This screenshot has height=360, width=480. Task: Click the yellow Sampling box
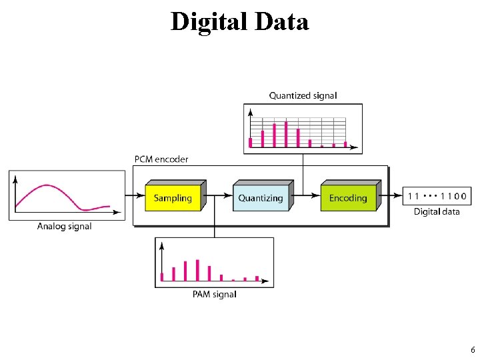tap(173, 198)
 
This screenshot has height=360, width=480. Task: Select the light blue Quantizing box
tap(261, 198)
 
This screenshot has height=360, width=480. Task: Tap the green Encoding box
tap(348, 198)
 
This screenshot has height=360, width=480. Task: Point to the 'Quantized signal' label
tap(303, 95)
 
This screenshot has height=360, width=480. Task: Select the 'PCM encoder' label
tap(161, 159)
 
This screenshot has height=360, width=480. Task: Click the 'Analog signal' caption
tap(65, 227)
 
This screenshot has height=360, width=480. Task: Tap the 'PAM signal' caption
tap(214, 294)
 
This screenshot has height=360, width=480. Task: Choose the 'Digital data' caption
tap(437, 211)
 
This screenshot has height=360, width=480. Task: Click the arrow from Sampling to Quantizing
tap(219, 195)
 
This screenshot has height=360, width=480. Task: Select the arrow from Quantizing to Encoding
tap(306, 195)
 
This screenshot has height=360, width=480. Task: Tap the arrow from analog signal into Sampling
tap(135, 195)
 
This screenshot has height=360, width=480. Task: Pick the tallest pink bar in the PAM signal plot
tap(197, 270)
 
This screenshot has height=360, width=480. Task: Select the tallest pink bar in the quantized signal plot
tap(286, 133)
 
